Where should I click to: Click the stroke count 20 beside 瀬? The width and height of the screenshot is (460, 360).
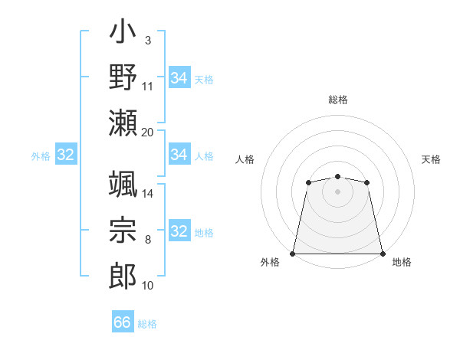click(148, 132)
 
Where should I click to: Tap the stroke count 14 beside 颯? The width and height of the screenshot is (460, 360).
click(148, 194)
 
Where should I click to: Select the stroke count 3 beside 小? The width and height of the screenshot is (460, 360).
click(147, 39)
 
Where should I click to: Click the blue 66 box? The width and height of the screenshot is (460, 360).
click(123, 322)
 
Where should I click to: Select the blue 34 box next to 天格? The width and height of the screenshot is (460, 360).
click(179, 77)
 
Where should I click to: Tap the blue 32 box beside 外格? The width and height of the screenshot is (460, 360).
click(66, 155)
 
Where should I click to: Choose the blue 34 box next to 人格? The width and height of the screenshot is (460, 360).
click(179, 155)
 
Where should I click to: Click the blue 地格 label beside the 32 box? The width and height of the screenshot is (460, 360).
click(204, 233)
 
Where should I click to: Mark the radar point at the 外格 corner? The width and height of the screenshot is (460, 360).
click(293, 254)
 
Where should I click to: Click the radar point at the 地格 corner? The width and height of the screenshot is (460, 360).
click(383, 254)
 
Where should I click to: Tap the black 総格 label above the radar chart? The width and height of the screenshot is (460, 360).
click(338, 100)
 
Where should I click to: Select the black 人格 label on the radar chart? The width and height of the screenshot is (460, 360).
click(245, 159)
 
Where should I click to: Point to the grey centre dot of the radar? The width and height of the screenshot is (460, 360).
click(337, 191)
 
